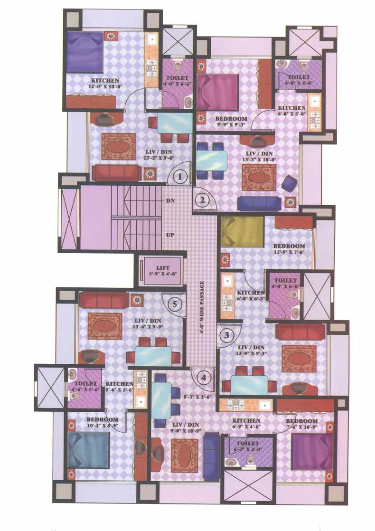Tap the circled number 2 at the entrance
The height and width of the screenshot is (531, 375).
click(202, 200)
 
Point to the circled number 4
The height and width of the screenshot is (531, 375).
click(204, 378)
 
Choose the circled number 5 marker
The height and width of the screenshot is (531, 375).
click(175, 304)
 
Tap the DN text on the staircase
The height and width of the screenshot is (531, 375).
click(170, 201)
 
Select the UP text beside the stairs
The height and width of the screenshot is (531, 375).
click(170, 235)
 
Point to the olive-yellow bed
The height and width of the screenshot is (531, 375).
click(242, 231)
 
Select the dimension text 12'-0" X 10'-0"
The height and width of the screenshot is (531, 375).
click(105, 87)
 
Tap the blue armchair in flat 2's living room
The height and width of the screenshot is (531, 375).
click(289, 183)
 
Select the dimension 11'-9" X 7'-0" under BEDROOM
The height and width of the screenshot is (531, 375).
click(289, 253)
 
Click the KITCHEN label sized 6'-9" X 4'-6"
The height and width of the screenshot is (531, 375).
click(246, 421)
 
